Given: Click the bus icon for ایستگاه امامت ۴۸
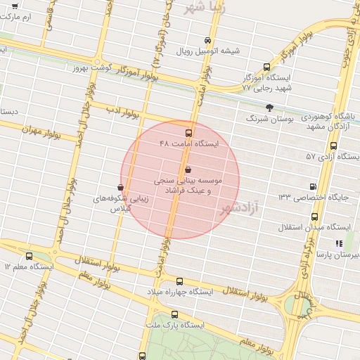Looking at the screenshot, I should click(x=188, y=132).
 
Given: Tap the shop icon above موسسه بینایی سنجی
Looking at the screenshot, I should click(x=187, y=169).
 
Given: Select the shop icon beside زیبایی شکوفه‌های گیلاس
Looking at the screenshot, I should click(x=122, y=188).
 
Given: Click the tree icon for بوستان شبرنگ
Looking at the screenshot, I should click(x=269, y=108).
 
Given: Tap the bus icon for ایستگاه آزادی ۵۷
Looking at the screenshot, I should click(x=333, y=146).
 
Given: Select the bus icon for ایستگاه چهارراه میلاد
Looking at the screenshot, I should click(x=180, y=281).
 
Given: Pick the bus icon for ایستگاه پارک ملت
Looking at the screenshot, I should click(x=174, y=314).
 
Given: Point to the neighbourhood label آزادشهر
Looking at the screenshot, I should click(x=239, y=207).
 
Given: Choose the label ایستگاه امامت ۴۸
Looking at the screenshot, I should click(x=189, y=143).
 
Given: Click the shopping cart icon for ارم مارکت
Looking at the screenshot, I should click(x=15, y=6).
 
